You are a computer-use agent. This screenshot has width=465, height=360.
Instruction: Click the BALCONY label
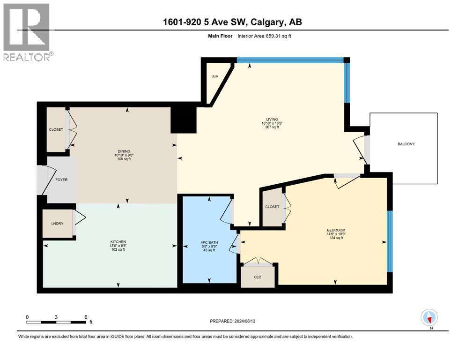(406, 144)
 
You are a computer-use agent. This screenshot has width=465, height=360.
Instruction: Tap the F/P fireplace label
(215, 77)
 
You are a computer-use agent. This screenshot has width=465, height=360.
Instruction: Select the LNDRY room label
(57, 224)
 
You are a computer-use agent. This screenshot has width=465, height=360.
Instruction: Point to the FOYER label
(61, 180)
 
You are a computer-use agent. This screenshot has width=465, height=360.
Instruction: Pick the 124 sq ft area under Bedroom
(336, 238)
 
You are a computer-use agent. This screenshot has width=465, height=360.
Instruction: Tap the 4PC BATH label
(209, 242)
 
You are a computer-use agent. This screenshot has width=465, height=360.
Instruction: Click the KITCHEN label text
(118, 242)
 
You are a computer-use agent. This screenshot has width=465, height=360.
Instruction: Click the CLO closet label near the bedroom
(258, 277)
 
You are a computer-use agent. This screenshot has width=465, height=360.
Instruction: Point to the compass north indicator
(429, 317)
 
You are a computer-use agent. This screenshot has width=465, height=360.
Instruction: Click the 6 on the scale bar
(86, 317)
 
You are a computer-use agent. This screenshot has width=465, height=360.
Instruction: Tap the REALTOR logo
(28, 32)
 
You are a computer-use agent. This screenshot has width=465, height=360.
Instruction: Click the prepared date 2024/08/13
(244, 321)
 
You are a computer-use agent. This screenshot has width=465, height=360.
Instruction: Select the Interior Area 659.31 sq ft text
(264, 36)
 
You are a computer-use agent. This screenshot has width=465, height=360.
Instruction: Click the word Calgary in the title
(268, 22)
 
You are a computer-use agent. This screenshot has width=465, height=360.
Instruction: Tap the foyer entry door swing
(47, 180)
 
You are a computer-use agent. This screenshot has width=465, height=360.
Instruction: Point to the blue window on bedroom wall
(390, 241)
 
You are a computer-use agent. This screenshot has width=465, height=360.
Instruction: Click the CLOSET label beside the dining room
(56, 130)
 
